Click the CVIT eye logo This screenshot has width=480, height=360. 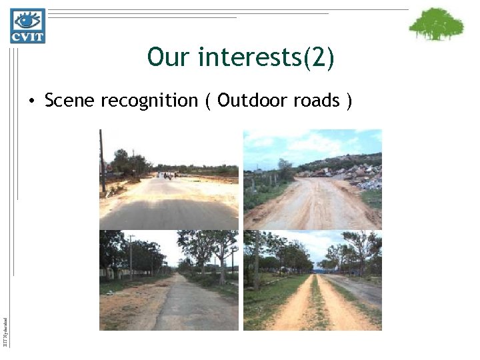click(x=27, y=25)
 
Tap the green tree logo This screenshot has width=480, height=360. click(x=436, y=25)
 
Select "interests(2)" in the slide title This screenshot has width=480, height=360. click(x=266, y=58)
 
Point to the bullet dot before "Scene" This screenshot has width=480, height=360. click(x=31, y=101)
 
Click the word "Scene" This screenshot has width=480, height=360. click(x=69, y=101)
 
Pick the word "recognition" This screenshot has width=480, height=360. click(x=149, y=101)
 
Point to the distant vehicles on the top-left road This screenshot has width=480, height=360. click(x=165, y=176)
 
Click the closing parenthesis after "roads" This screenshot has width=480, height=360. click(x=349, y=101)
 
